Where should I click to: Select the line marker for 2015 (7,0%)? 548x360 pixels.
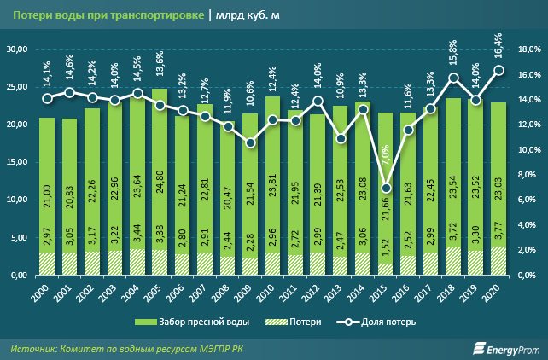click(x=386, y=188)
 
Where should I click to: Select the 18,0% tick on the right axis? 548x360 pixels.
click(x=528, y=49)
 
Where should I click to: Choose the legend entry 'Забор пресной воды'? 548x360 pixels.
click(x=182, y=323)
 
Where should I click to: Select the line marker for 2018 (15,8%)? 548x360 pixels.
click(x=454, y=78)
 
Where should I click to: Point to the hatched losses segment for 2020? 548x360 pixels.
click(x=498, y=262)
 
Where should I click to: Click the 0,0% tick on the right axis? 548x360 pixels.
click(x=529, y=276)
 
